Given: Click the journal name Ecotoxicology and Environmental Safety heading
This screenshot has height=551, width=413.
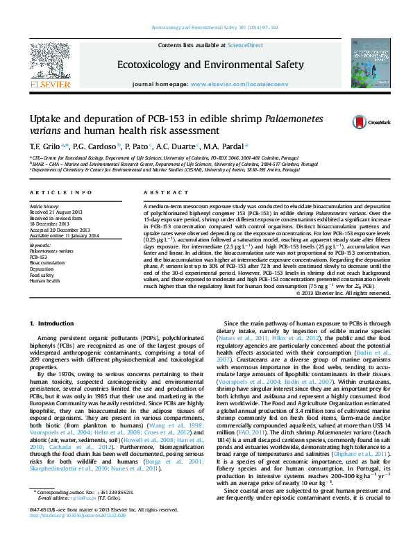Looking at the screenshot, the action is point(211,65).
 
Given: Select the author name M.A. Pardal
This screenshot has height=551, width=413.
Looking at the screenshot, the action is point(226,146).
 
